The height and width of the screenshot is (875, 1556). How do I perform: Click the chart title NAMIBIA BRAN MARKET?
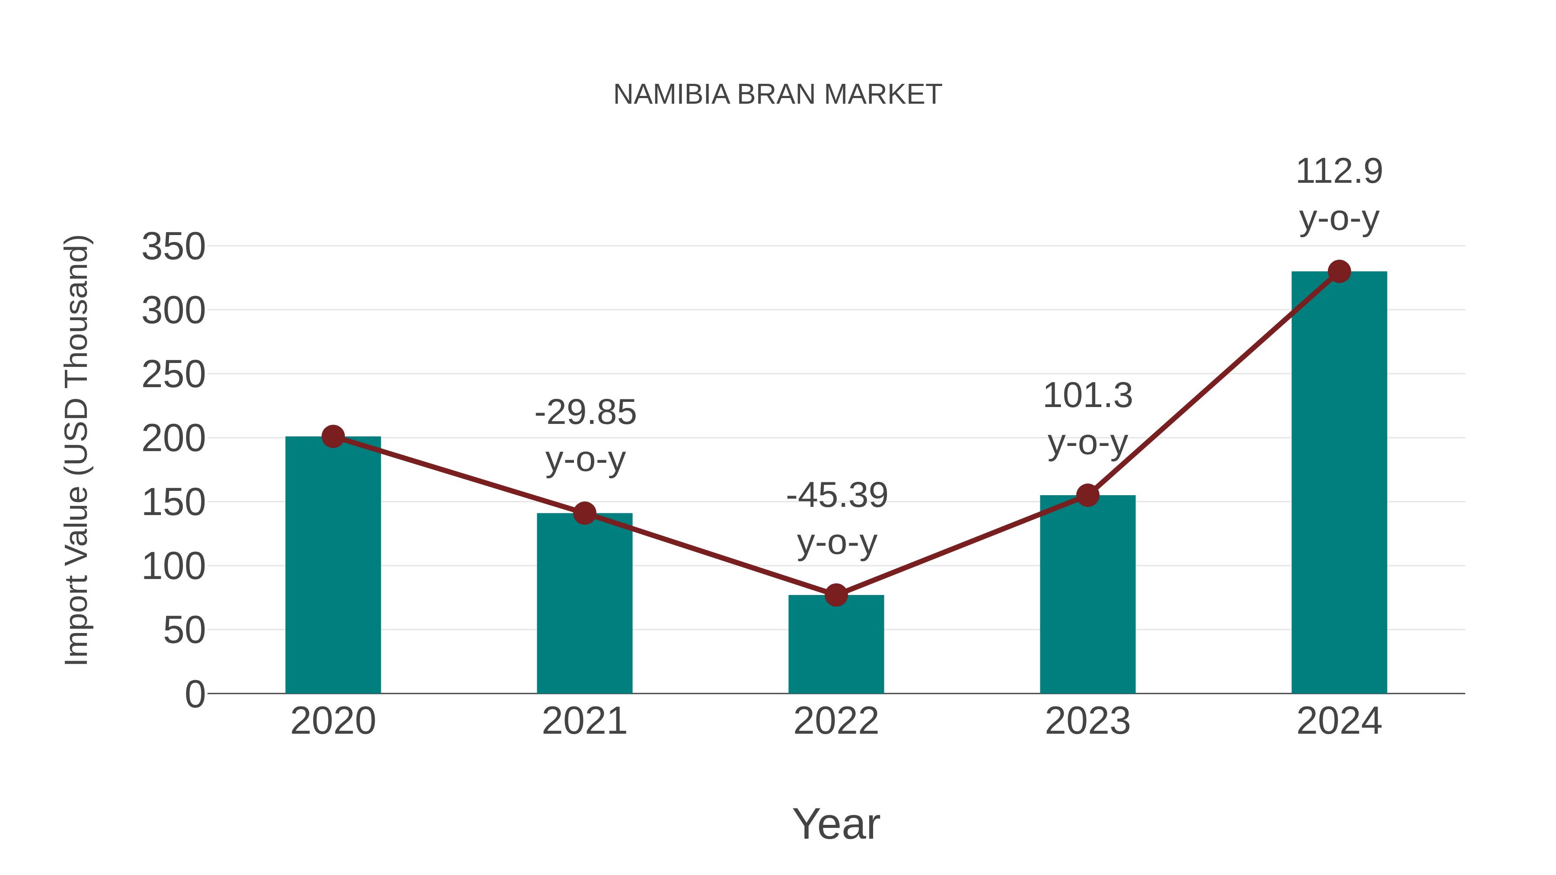tap(778, 95)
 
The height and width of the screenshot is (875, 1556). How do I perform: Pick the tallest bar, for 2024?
tap(1339, 483)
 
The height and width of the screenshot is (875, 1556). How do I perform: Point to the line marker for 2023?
tap(1088, 495)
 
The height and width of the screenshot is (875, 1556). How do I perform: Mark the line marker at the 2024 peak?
tap(1339, 272)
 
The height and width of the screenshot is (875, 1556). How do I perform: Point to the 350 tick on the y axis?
tap(173, 247)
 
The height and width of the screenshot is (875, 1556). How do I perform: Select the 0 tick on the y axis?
tap(194, 694)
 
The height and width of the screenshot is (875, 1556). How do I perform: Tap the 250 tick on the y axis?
tap(173, 375)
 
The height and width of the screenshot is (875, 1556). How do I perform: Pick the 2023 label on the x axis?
tap(1088, 721)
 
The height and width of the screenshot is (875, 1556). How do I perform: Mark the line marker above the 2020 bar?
tap(333, 436)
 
